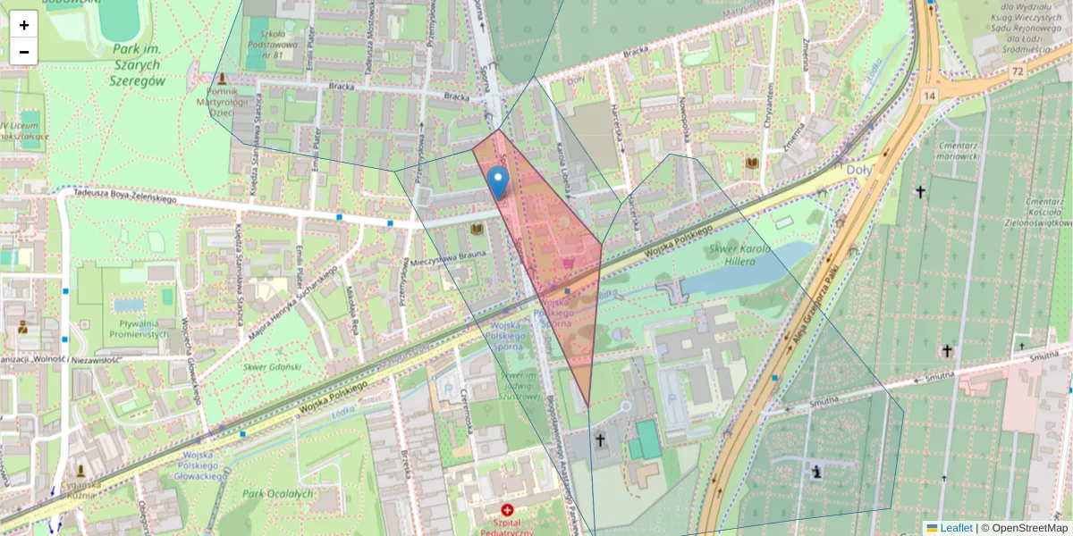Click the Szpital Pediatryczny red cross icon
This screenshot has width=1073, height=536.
click(x=508, y=509)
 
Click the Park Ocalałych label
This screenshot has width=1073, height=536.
click(x=278, y=493)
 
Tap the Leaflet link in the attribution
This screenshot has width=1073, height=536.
click(x=956, y=528)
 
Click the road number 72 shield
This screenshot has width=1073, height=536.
click(x=1018, y=70)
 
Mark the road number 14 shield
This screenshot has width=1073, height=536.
click(x=930, y=95)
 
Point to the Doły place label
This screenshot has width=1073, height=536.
click(x=859, y=169)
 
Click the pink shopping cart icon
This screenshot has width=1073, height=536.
click(x=568, y=264)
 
